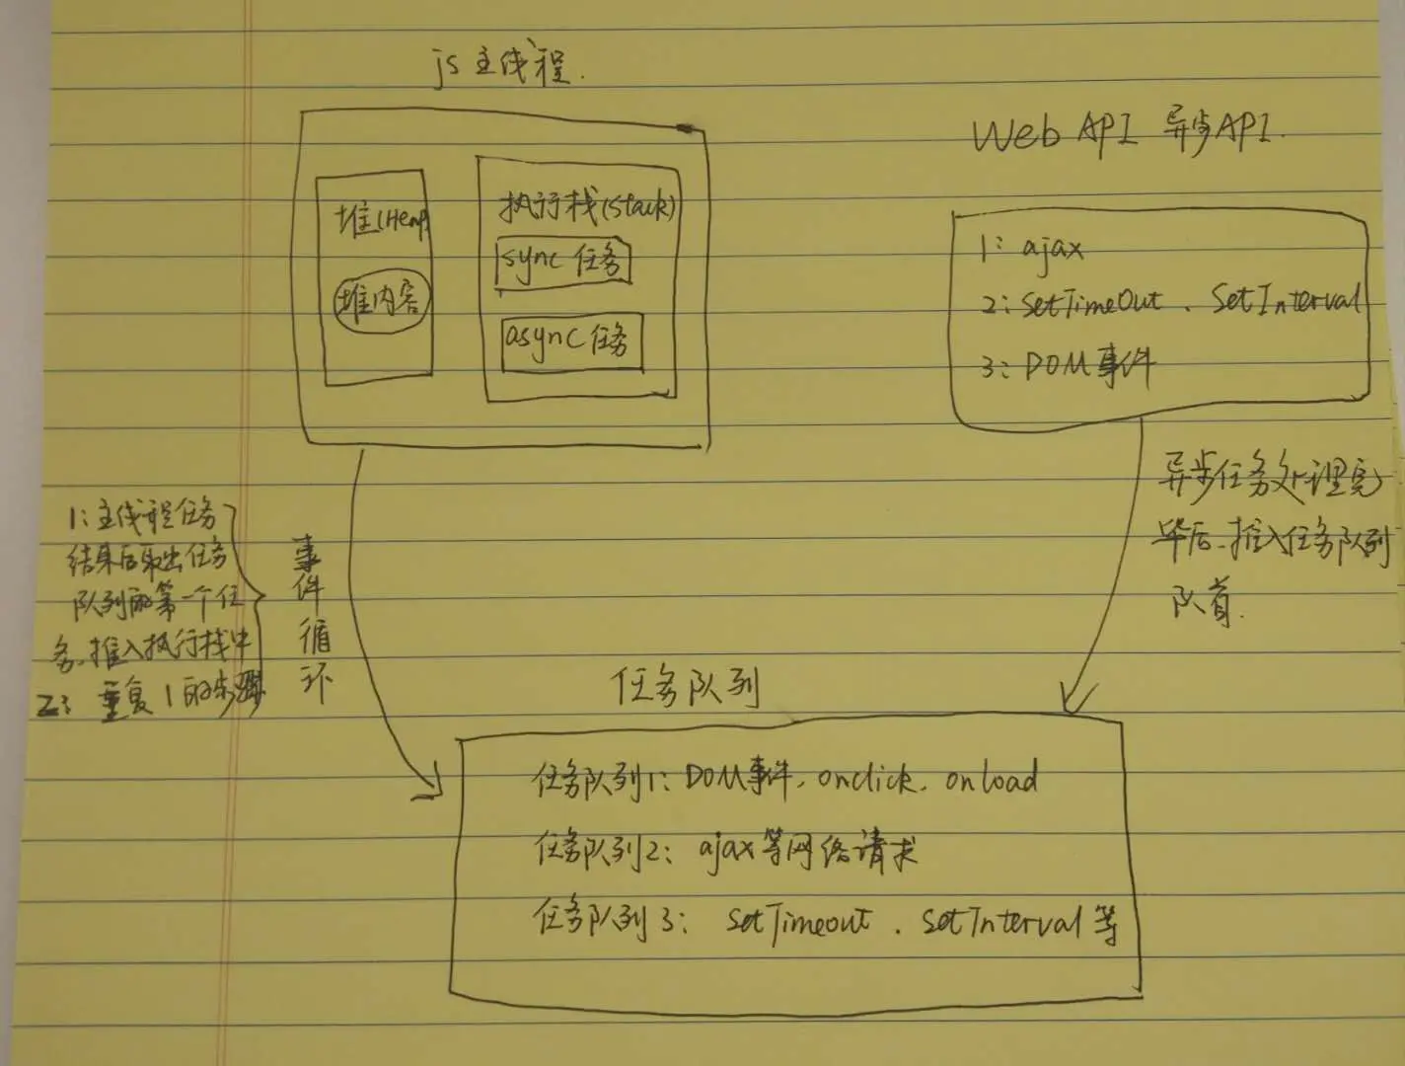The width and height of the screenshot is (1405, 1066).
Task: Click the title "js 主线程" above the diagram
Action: (504, 70)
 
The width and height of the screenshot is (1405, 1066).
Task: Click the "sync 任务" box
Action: (563, 261)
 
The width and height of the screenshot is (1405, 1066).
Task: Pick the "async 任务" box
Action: (569, 342)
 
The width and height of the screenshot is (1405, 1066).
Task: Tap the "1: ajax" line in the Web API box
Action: (1032, 248)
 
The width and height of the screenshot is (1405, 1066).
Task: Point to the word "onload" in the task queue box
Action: (991, 779)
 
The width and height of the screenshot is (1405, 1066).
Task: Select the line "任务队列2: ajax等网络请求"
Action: (725, 850)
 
